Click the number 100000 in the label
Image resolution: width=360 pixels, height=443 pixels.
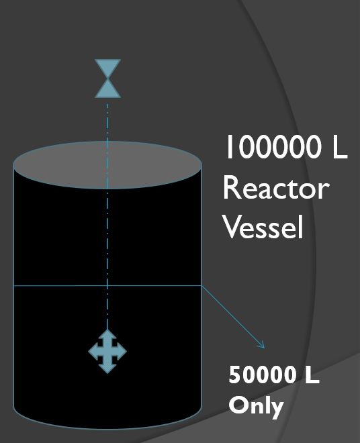(273, 146)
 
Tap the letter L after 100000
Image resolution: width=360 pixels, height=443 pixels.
(340, 146)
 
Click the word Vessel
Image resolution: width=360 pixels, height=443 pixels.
(263, 227)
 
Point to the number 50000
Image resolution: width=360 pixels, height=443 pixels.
(263, 375)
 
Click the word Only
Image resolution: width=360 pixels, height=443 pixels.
(256, 405)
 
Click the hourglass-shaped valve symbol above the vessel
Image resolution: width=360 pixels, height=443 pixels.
(107, 79)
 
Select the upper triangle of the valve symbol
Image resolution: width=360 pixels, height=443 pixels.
(107, 68)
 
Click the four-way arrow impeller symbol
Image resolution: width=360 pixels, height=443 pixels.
(107, 352)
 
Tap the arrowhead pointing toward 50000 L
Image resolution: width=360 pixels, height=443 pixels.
(262, 346)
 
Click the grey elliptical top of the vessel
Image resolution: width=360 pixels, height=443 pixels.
(107, 164)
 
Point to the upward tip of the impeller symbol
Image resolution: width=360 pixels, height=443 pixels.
(107, 330)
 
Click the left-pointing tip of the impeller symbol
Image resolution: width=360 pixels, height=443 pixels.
(89, 352)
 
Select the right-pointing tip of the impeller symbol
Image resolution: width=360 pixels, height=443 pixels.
(126, 352)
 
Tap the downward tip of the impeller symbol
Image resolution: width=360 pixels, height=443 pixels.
(107, 373)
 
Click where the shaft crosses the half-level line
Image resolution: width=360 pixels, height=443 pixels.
(107, 286)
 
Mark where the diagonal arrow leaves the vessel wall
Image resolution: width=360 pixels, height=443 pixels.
(202, 286)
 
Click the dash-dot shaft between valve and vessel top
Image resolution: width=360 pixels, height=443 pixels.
(107, 122)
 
